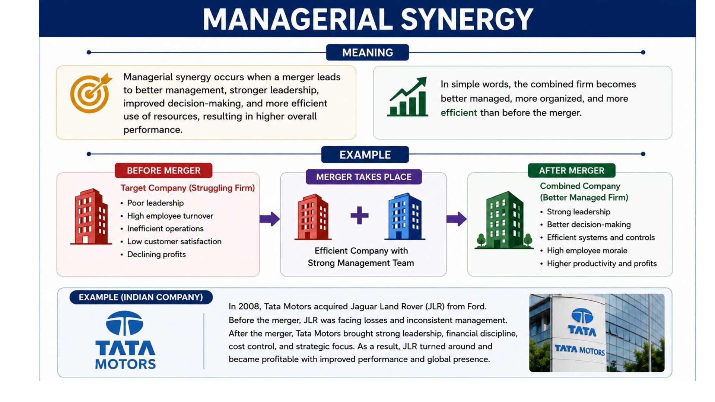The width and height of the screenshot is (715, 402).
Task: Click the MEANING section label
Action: pyautogui.click(x=367, y=52)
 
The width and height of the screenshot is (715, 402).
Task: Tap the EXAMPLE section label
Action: pyautogui.click(x=365, y=154)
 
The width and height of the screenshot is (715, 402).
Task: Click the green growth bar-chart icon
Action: pyautogui.click(x=407, y=97)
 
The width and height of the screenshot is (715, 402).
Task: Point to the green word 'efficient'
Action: pyautogui.click(x=458, y=113)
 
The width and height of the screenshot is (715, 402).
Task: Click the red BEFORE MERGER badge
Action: pyautogui.click(x=163, y=170)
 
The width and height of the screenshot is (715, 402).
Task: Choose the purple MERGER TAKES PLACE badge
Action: pyautogui.click(x=364, y=177)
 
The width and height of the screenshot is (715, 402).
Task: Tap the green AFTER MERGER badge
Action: pyautogui.click(x=572, y=170)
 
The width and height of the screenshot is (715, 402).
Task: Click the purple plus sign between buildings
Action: pyautogui.click(x=359, y=216)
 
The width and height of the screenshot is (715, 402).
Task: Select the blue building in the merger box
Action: pyautogui.click(x=405, y=216)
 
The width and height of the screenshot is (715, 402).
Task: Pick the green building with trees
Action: pyautogui.click(x=504, y=220)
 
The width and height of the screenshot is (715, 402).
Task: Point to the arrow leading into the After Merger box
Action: pyautogui.click(x=457, y=219)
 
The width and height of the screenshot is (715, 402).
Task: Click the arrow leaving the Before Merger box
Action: pyautogui.click(x=270, y=219)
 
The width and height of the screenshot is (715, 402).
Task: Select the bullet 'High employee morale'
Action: pyautogui.click(x=584, y=251)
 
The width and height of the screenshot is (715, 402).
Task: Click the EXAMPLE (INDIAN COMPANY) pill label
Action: pyautogui.click(x=141, y=297)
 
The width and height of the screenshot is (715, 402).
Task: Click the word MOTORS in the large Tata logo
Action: pyautogui.click(x=125, y=364)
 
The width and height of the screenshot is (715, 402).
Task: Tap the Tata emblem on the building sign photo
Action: pyautogui.click(x=582, y=316)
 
